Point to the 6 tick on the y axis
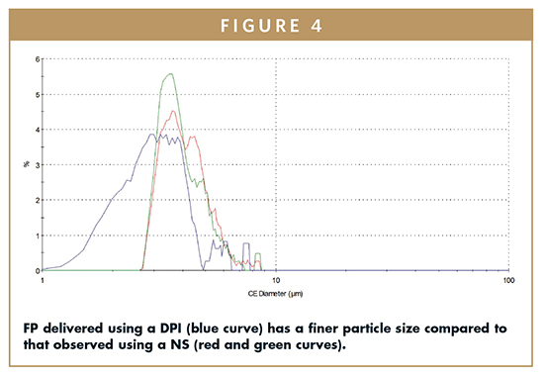coord(37,58)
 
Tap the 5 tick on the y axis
coord(37,94)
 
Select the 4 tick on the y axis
coord(37,130)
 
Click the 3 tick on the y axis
coord(37,164)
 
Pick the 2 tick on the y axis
coord(37,200)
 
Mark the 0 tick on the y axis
coord(37,270)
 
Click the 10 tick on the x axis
coord(276,280)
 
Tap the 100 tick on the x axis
coord(507,280)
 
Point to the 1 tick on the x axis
coord(44,280)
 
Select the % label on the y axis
coord(26,164)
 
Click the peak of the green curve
coord(172,74)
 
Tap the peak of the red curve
coord(174,111)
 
